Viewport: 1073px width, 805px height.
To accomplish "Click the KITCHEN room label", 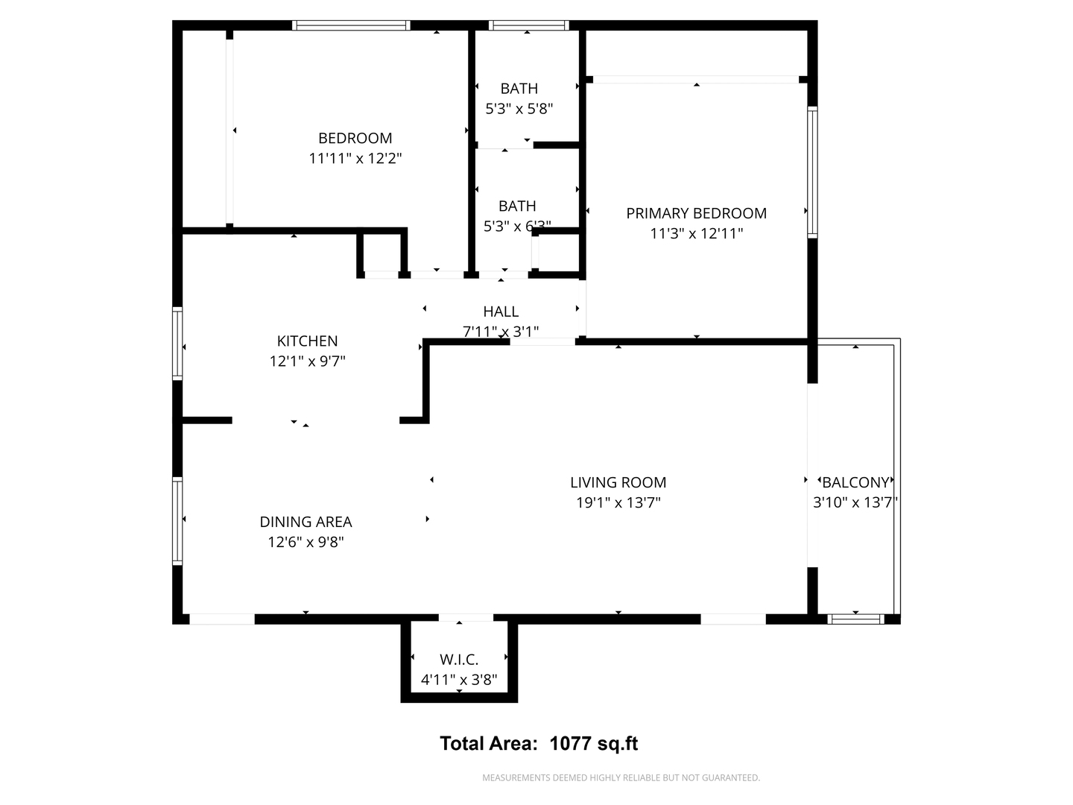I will click(307, 341).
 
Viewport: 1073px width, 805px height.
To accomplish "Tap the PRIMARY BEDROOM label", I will click(696, 214).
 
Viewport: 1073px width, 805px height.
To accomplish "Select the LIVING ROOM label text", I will click(618, 483).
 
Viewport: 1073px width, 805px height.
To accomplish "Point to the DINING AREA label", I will click(306, 523).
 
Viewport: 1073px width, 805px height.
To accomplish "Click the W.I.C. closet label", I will click(459, 660).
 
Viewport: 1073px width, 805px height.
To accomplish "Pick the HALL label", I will click(501, 312).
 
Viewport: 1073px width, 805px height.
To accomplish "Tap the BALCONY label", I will click(855, 483).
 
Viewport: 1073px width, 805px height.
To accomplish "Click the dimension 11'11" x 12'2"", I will click(355, 159).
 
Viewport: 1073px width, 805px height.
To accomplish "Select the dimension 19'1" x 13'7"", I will click(618, 503).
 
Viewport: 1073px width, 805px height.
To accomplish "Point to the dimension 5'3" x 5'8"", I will click(519, 109).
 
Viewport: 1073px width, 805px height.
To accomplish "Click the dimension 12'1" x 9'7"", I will click(307, 362).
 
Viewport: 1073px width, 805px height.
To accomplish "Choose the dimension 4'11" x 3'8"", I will click(459, 680).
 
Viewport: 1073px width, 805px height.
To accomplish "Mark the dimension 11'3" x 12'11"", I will click(696, 234).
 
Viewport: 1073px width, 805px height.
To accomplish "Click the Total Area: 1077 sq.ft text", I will click(539, 744).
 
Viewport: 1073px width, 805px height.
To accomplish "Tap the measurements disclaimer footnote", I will click(621, 778).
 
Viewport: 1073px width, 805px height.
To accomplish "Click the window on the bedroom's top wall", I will click(351, 25).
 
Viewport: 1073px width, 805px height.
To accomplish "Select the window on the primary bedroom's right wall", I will click(813, 172).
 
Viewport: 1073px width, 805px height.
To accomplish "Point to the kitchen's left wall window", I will click(177, 344).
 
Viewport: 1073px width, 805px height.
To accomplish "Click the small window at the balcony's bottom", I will click(855, 619).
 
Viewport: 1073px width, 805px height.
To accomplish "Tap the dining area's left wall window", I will click(177, 521).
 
